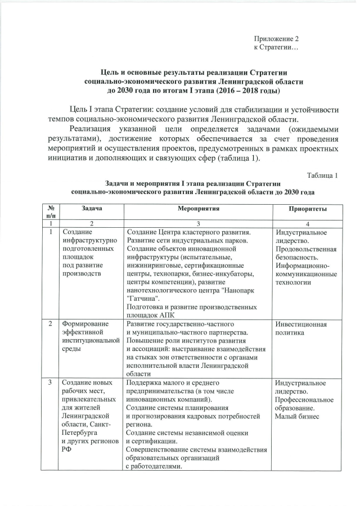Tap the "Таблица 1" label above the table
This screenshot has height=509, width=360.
coord(322,175)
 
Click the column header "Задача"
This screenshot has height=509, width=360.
coord(91,208)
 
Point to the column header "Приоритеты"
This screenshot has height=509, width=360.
coord(308,209)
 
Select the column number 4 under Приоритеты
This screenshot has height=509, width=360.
coord(308,223)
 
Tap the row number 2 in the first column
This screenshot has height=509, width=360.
coord(51,324)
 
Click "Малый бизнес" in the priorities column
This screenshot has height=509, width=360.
coord(297,416)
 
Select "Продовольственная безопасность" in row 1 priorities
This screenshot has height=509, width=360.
coord(306,254)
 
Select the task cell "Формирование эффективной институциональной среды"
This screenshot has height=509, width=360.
coord(89,337)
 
